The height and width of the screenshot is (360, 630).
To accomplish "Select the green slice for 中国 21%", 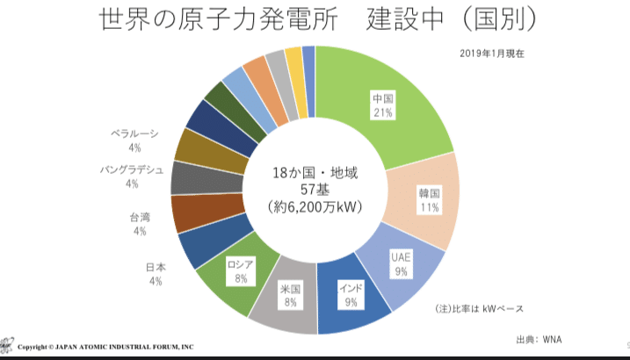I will point(382,105).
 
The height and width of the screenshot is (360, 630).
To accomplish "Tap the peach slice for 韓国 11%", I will point(429,200).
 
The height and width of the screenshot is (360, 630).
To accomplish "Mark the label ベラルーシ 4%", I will point(134,140).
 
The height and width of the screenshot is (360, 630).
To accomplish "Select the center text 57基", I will point(315,189).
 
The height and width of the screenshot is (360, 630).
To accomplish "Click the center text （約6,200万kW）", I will point(315,207).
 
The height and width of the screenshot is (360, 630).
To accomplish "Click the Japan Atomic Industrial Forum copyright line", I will point(105,348).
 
